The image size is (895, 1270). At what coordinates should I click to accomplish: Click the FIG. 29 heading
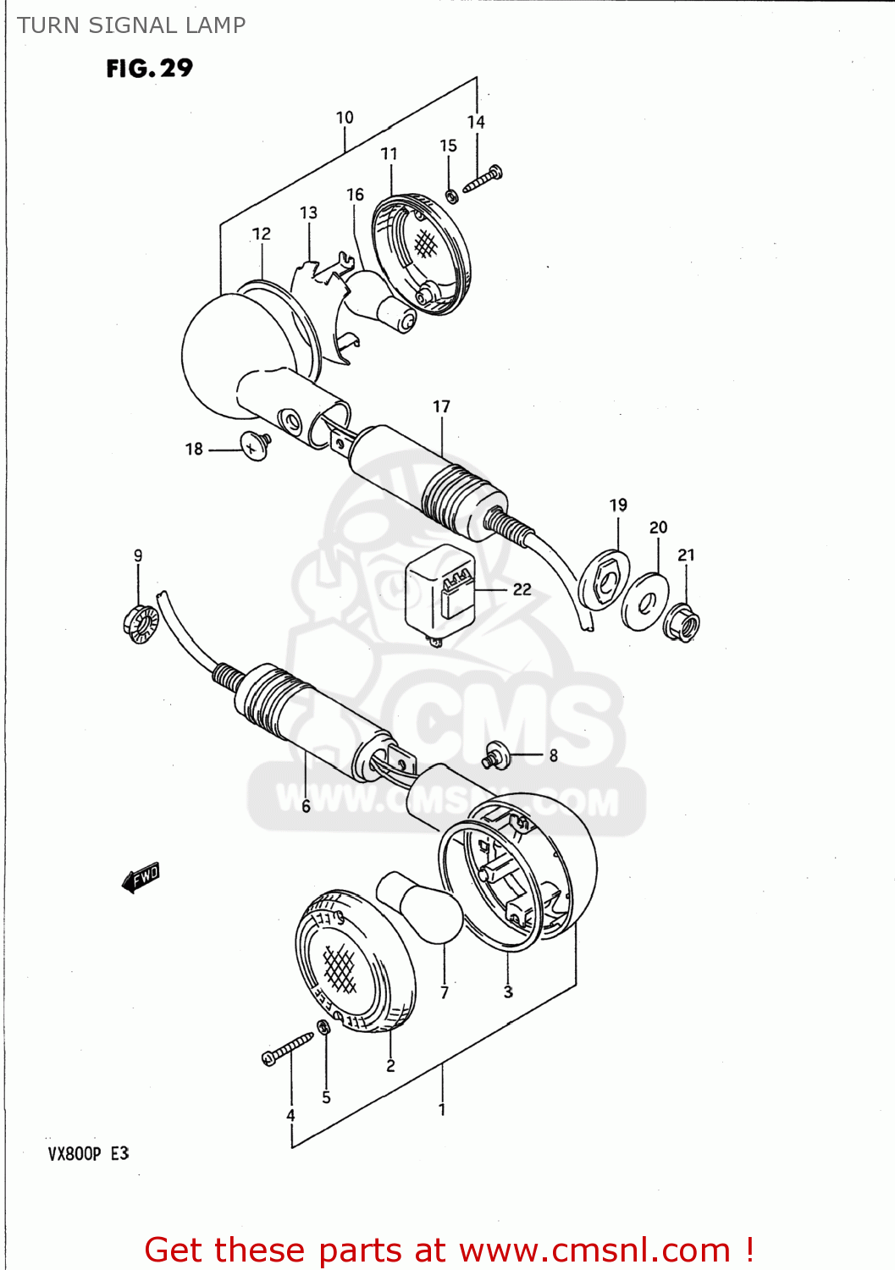pos(149,69)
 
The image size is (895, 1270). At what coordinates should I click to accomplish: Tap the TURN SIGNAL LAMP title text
pos(131,25)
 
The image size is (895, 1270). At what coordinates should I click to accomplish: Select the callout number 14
pos(476,122)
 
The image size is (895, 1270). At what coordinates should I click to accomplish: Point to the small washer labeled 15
pos(452,196)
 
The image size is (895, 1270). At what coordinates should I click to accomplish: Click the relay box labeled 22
pos(440,591)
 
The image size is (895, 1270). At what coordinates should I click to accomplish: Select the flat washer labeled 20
pos(645,602)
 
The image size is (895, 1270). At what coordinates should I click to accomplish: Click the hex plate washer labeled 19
pos(605,578)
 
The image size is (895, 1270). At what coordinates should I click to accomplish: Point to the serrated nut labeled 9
pos(141,625)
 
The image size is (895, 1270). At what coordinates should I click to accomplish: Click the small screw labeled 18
pos(255,445)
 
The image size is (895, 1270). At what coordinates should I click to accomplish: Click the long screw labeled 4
pos(288,1047)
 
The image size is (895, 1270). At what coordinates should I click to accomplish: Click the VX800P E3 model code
pos(88,1153)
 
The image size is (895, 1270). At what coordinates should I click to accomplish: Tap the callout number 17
pos(441,406)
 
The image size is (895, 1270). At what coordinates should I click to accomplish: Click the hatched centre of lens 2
pos(340,968)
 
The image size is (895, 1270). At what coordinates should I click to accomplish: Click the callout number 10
pos(345,118)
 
